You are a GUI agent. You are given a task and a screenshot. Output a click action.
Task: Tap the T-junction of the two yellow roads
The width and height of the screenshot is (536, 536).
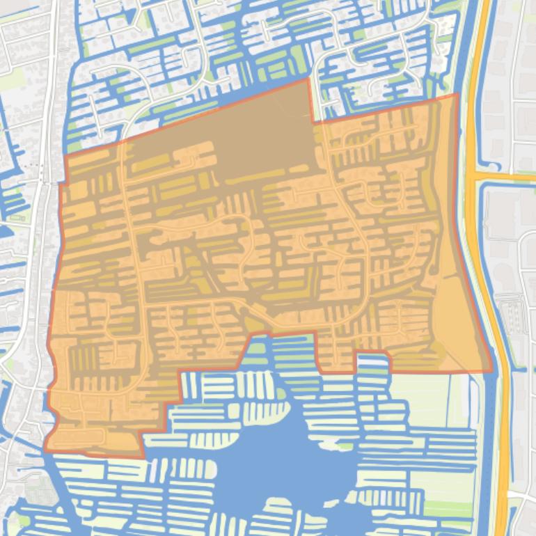(x=475, y=178)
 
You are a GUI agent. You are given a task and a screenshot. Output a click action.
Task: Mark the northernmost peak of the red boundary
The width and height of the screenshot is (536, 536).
(x=308, y=79)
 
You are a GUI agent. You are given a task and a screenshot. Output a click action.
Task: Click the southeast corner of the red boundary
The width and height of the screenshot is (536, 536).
(x=491, y=371)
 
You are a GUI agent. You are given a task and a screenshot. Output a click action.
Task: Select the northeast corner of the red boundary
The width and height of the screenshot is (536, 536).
(x=457, y=95)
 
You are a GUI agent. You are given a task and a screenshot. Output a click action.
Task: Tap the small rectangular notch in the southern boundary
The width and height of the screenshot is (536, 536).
(x=372, y=358)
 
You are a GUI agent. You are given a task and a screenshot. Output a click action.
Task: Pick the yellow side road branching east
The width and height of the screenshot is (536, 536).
(x=508, y=178)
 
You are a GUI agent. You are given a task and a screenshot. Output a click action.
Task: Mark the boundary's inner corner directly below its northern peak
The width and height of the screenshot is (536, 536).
(x=313, y=123)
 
